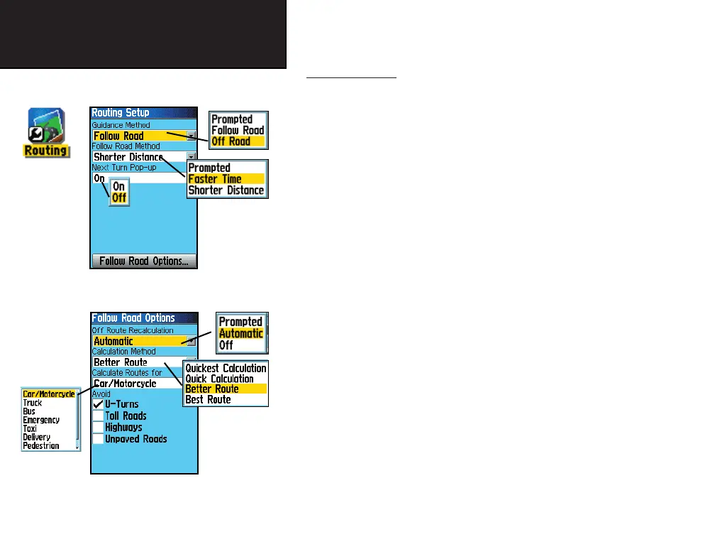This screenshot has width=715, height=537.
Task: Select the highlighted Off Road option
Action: (231, 141)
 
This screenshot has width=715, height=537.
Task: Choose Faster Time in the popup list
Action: (215, 179)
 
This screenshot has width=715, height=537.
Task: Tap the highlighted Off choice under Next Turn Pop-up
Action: (119, 198)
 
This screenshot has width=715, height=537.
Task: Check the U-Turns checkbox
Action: (99, 404)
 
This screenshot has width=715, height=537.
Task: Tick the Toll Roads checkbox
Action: (99, 416)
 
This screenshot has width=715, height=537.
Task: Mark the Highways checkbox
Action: (99, 428)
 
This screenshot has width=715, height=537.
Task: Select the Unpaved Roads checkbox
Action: (99, 439)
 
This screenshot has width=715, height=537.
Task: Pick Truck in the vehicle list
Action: (33, 403)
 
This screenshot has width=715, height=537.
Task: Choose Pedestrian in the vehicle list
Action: (40, 446)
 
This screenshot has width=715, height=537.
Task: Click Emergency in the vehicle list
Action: (41, 420)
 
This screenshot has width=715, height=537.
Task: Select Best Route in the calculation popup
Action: (208, 400)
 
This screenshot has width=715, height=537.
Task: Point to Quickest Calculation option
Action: (226, 368)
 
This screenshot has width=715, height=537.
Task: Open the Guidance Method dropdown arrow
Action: (192, 136)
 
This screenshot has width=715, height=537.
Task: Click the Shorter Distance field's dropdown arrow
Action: (192, 157)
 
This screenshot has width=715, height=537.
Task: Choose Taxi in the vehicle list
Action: (30, 429)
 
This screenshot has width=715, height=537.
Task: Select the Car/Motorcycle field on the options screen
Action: (135, 384)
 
